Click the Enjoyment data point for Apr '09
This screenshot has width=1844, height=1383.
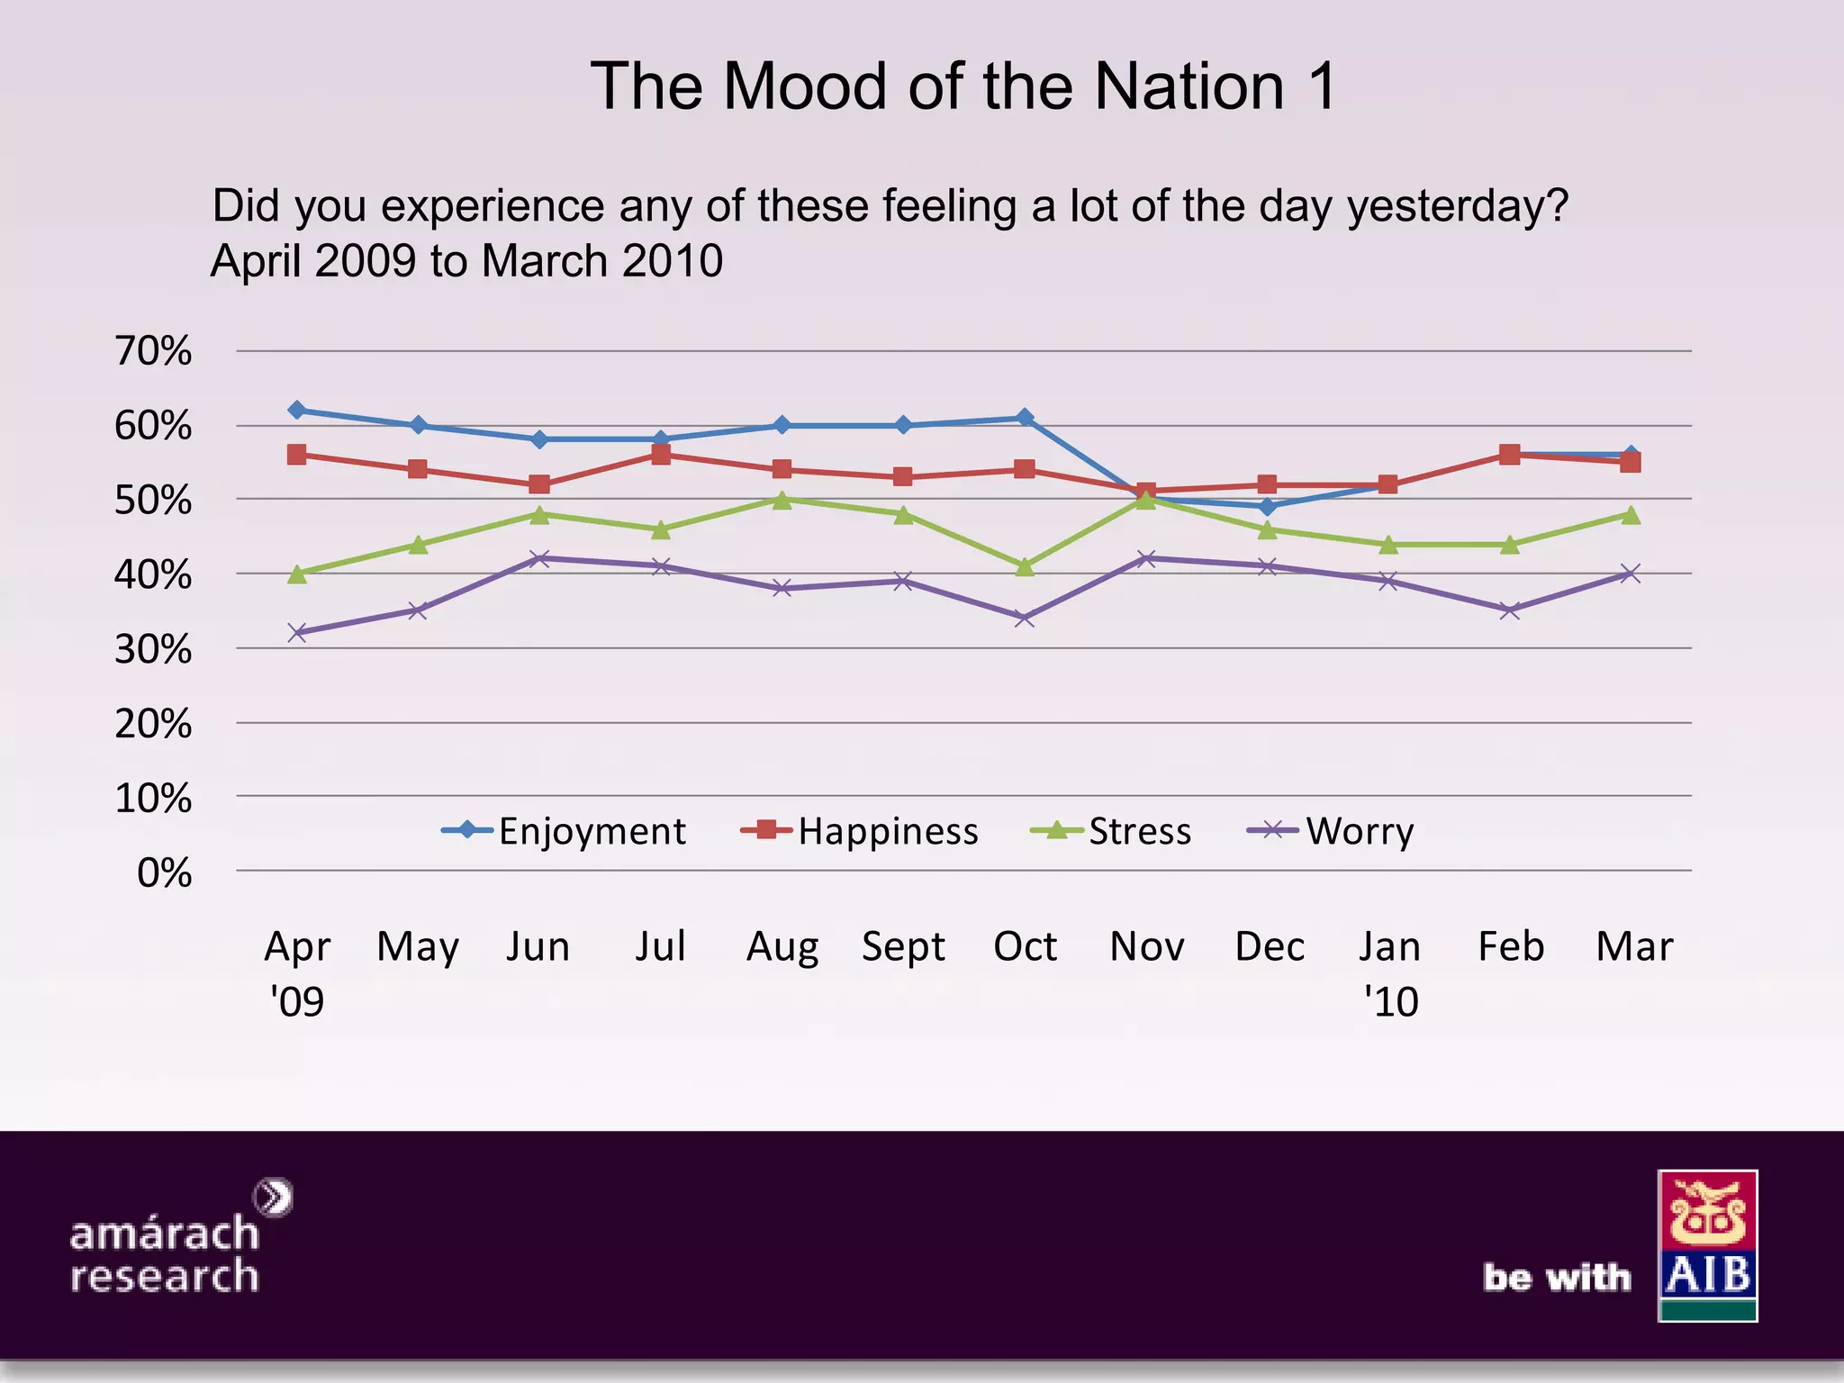point(297,411)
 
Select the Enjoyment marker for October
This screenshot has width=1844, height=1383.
point(1025,418)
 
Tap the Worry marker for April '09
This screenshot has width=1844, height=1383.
point(297,633)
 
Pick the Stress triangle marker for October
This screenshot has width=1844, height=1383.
point(1025,566)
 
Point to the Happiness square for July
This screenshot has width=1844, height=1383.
point(661,455)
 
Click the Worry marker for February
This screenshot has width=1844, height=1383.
point(1510,610)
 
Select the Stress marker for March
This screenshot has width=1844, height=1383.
point(1631,515)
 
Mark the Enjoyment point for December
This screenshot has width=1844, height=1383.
point(1268,507)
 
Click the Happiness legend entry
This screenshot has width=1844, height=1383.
point(860,831)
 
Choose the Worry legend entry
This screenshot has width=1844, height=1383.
point(1331,831)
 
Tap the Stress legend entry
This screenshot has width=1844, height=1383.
point(1111,831)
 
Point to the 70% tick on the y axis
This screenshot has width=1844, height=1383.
point(153,351)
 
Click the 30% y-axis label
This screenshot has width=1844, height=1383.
point(153,649)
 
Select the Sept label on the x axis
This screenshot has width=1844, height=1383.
point(903,947)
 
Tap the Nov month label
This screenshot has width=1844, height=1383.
point(1147,947)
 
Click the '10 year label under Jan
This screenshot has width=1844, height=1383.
point(1391,1002)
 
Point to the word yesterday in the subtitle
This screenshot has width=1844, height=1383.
point(1458,207)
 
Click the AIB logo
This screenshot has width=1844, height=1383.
point(1707,1245)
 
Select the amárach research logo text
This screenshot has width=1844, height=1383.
point(165,1253)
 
